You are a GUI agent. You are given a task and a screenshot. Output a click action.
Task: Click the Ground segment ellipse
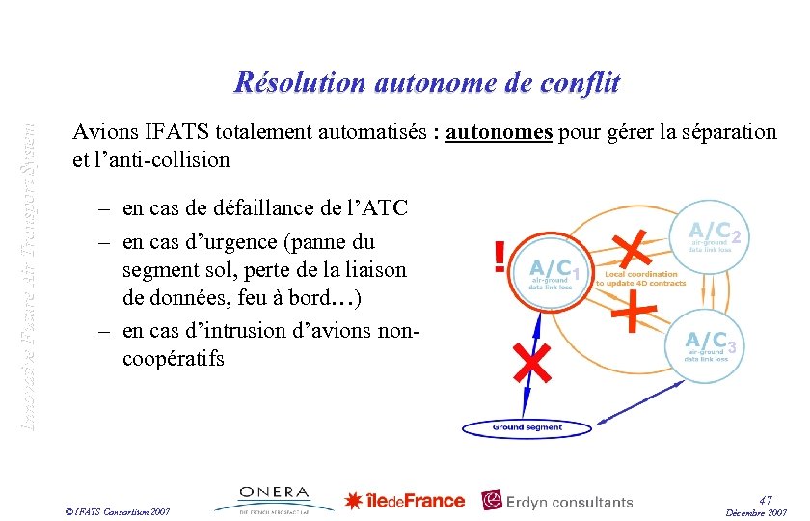(x=527, y=427)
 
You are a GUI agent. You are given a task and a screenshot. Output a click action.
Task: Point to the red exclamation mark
(x=499, y=258)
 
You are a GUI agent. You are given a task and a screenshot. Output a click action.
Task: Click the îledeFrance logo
(x=405, y=501)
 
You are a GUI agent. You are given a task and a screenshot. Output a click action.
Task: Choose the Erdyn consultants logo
(x=557, y=501)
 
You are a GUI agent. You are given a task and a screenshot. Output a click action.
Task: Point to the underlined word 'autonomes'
(x=499, y=132)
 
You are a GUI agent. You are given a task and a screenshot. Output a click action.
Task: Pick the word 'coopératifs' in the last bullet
(x=174, y=359)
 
